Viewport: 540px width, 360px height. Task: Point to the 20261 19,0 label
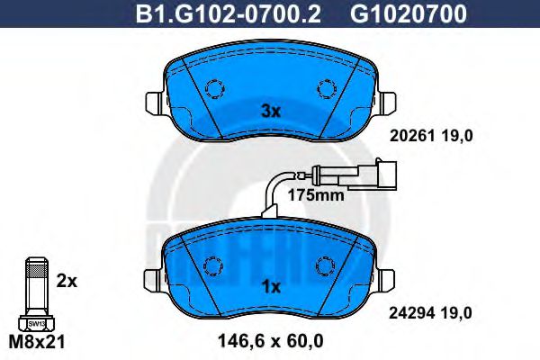tap(430, 136)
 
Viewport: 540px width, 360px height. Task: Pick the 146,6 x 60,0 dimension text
tap(271, 342)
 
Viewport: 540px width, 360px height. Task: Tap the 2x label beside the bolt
tap(67, 281)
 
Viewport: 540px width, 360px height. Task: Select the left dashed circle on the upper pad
tap(214, 89)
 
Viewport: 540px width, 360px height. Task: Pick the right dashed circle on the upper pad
tap(326, 89)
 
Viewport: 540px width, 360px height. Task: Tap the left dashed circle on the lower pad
tap(214, 266)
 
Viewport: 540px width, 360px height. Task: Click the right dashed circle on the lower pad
tap(326, 266)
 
